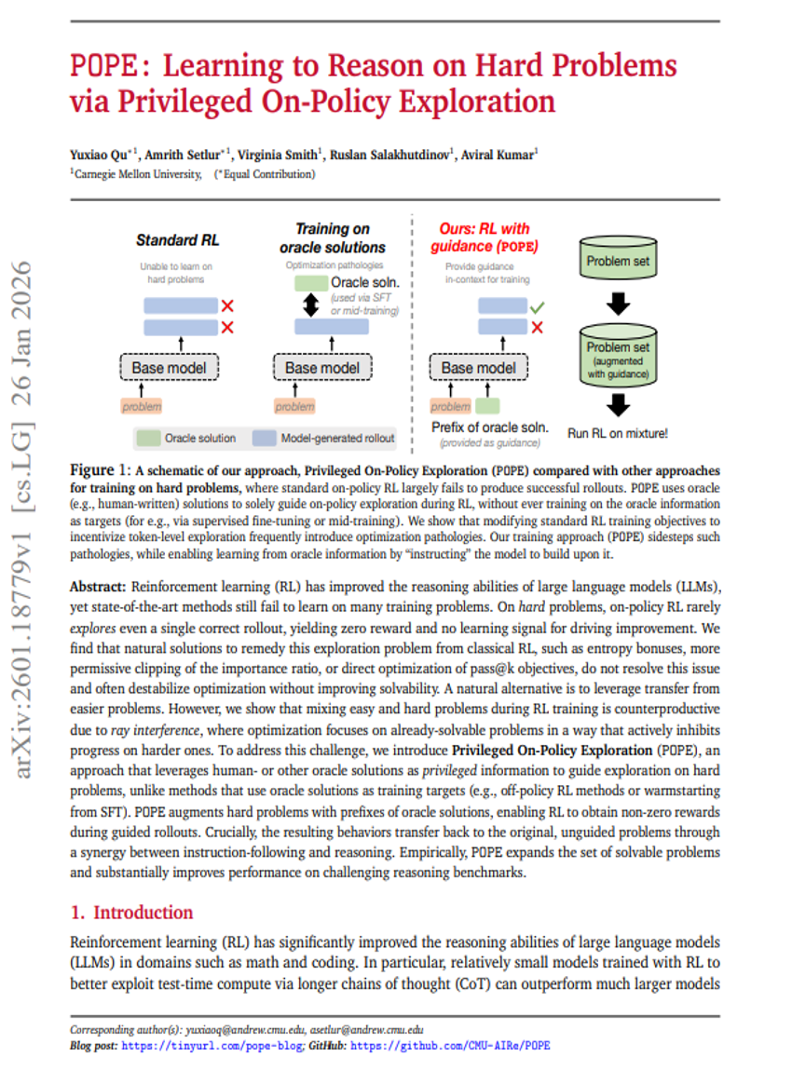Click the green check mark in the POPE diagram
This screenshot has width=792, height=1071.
tap(537, 305)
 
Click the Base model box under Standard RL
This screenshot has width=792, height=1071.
tap(169, 367)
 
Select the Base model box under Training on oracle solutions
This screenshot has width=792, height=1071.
tap(322, 367)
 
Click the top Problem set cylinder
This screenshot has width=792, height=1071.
tap(618, 262)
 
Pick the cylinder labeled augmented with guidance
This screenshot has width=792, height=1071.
tap(618, 359)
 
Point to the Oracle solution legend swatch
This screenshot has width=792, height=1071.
tap(147, 437)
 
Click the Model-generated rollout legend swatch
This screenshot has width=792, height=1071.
tap(266, 437)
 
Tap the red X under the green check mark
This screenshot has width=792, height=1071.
tap(537, 327)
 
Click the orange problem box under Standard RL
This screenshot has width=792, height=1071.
tap(142, 406)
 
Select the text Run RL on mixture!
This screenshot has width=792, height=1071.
tap(618, 432)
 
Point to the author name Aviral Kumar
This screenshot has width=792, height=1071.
tap(498, 155)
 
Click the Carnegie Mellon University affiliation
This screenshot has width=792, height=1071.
tap(138, 173)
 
